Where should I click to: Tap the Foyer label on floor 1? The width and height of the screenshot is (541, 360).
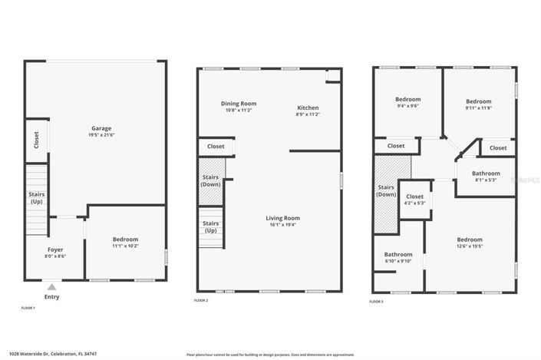pos(56,249)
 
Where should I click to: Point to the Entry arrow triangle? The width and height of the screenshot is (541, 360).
pos(51,287)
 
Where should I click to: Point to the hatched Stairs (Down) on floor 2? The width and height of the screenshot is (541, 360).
pos(211,181)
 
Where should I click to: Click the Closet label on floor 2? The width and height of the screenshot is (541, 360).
pos(216,146)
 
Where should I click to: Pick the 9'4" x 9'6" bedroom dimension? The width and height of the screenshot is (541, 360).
pos(407,106)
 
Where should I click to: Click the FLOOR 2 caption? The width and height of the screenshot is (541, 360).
pos(201,300)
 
